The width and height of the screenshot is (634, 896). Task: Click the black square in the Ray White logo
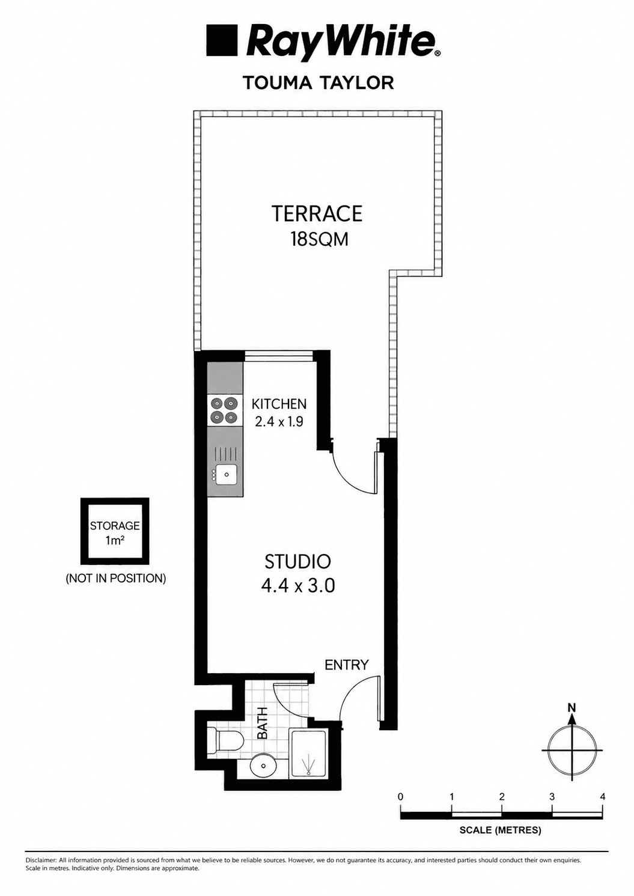coord(221,40)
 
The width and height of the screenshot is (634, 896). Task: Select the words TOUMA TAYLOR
coord(319,83)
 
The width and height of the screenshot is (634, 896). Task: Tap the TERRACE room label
coord(317,213)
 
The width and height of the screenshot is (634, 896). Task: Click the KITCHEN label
coord(279,404)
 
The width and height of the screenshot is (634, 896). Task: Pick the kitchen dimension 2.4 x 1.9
coord(279,422)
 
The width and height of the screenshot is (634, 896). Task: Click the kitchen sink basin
coord(227,475)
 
